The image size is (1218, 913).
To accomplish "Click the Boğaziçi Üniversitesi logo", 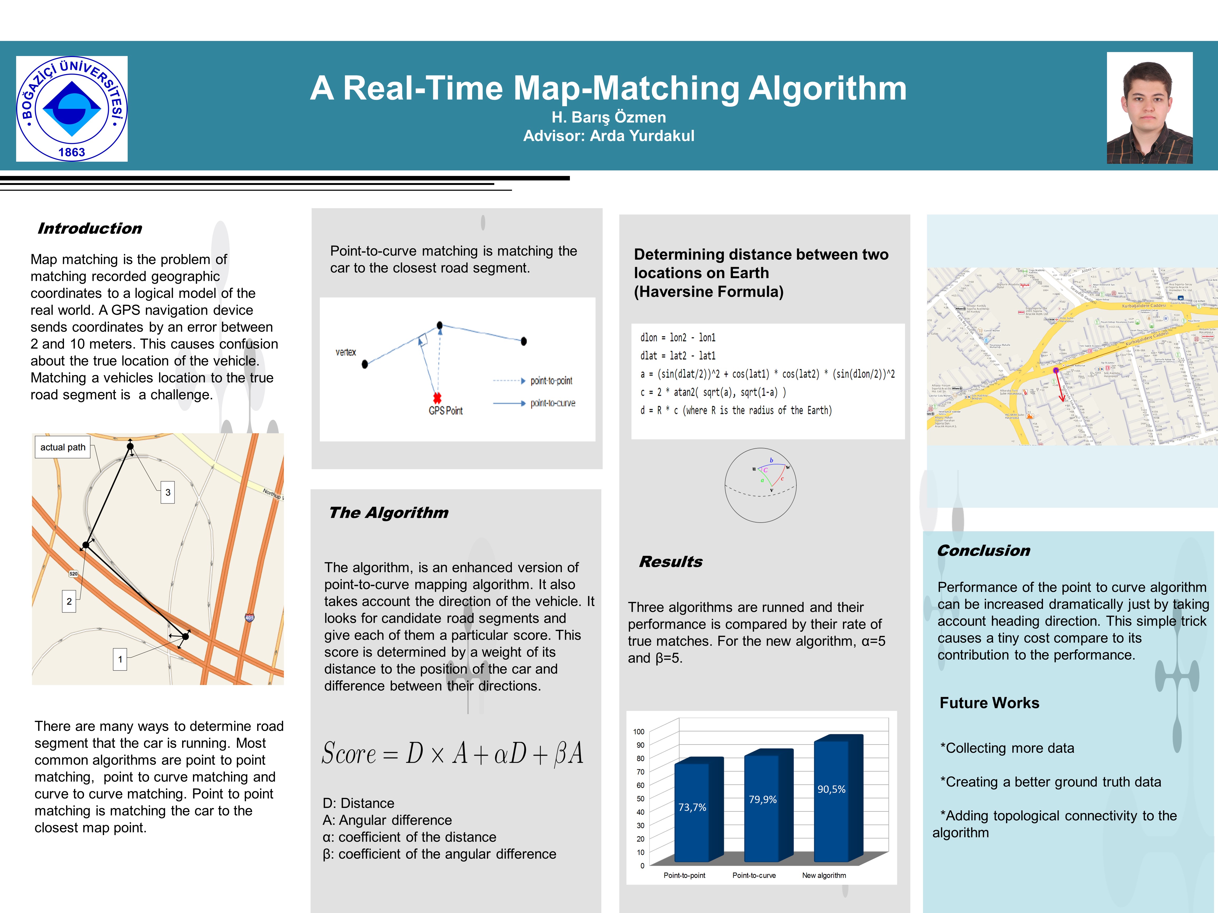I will [x=72, y=108].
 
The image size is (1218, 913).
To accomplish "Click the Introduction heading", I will [x=90, y=229].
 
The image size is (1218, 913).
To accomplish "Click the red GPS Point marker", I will [x=437, y=398].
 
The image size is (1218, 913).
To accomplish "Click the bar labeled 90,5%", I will [x=832, y=798].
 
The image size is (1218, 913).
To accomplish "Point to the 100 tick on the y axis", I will [x=639, y=732].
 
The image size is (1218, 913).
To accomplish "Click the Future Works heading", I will [x=989, y=703].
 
